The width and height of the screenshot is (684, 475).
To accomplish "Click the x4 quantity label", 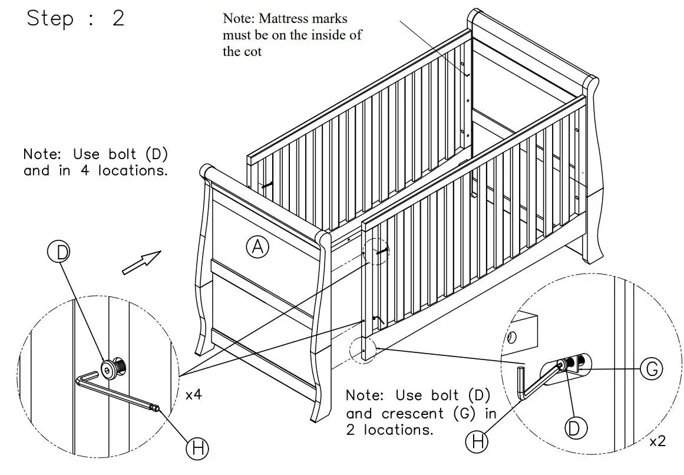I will coord(193,395).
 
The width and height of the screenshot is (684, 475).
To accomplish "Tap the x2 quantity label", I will coord(657,441).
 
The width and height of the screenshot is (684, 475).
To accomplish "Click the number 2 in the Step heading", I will coord(118,18).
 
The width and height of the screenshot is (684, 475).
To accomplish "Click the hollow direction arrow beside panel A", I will coord(141,262).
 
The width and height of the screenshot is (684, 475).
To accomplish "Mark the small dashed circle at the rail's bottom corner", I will coord(361,349).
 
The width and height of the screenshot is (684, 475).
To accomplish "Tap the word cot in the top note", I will coord(251,51).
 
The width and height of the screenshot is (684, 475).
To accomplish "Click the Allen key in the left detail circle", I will coord(118,392).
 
